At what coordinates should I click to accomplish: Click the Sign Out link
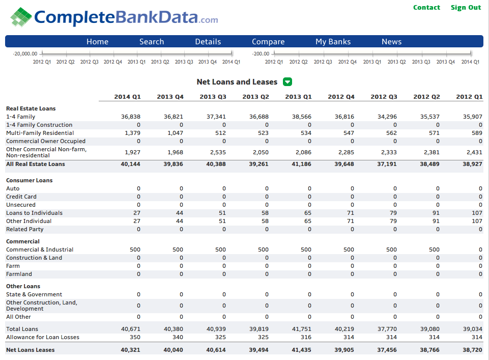pos(466,8)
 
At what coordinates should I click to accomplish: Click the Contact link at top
pos(426,8)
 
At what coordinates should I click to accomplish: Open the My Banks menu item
pos(333,42)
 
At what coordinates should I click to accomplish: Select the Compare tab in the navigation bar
pos(268,42)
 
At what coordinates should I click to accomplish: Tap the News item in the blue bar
pos(391,41)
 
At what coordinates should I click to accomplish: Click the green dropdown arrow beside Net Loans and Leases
pos(287,82)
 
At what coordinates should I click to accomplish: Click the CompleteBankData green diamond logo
pos(21,17)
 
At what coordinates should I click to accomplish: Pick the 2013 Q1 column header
pos(298,97)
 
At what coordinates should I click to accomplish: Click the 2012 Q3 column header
pos(384,97)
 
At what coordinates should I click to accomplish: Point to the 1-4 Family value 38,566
pos(302,117)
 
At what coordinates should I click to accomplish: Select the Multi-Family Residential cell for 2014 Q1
pos(132,133)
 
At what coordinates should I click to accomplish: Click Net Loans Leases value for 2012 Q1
pos(472,350)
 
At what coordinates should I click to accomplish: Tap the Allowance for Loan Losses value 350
pos(135,337)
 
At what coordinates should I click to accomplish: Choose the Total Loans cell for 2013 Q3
pos(216,329)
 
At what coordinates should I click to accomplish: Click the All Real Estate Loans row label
pos(36,164)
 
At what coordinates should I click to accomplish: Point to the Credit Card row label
pos(21,197)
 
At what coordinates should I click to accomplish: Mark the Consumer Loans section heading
pos(30,180)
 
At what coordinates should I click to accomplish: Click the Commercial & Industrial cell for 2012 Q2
pos(434,250)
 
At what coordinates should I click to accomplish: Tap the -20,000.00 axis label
pos(25,53)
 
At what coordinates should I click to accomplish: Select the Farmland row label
pos(19,274)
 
